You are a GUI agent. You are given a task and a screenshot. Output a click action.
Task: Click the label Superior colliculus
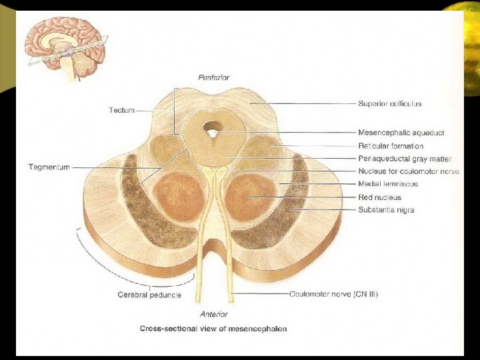[x=389, y=104]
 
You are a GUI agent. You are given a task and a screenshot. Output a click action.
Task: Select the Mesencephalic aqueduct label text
[x=401, y=133]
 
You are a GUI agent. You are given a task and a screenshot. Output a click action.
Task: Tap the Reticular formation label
[x=390, y=146]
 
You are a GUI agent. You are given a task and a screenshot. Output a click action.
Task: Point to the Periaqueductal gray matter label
[x=404, y=159]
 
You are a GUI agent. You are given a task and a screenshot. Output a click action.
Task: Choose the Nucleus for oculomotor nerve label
[x=408, y=171]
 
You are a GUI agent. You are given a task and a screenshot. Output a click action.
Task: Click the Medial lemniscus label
[x=387, y=184]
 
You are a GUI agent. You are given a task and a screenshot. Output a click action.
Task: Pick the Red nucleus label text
[x=379, y=197]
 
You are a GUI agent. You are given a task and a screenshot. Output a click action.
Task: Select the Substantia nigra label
[x=386, y=210]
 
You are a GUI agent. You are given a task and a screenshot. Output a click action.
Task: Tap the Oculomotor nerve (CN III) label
[x=333, y=293]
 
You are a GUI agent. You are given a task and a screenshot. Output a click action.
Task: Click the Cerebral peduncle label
[x=149, y=295]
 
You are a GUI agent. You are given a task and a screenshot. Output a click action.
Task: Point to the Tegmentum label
[x=49, y=167]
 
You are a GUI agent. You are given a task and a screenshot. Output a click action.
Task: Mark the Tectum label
[x=122, y=110]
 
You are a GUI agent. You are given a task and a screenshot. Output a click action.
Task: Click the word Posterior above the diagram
[x=214, y=77]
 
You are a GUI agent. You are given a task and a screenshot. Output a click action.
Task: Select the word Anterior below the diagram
[x=214, y=314]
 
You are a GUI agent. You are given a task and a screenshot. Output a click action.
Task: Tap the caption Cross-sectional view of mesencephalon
[x=213, y=329]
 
